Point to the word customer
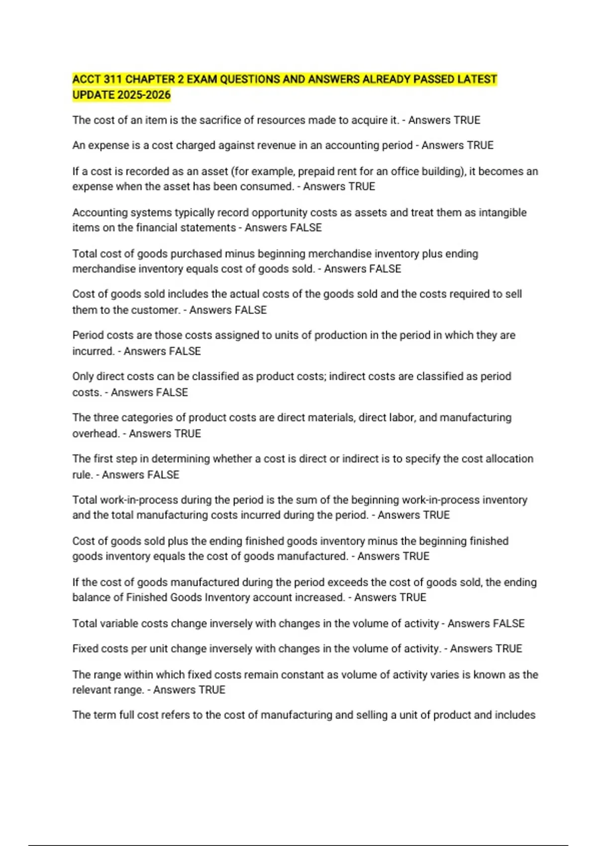point(158,310)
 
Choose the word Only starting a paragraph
point(83,376)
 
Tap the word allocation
point(510,459)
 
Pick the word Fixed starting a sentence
point(84,649)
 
